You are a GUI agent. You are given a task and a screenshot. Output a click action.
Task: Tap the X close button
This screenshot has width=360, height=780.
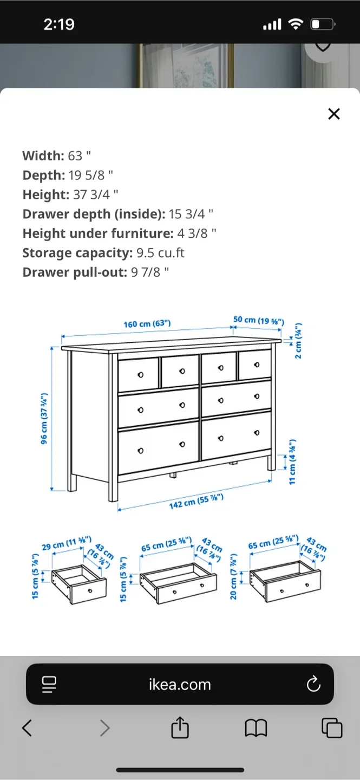point(334,114)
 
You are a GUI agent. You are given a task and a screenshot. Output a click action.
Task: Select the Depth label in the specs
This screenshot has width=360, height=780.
point(43,175)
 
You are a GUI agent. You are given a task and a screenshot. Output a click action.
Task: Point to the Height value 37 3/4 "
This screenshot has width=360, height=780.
point(96,195)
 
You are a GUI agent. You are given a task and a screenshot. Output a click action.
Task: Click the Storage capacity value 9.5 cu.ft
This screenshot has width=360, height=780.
point(161,253)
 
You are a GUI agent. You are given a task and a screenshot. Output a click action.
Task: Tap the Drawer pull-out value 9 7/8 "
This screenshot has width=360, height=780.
point(150,272)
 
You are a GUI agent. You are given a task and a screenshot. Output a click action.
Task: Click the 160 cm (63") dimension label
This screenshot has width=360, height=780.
point(147,324)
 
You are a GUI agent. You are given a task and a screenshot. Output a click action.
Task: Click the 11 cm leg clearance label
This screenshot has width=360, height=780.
point(292,462)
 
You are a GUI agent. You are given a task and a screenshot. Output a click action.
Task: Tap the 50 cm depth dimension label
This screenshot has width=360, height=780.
point(258,320)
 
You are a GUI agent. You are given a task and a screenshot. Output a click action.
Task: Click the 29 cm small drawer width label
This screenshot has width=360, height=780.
point(66,544)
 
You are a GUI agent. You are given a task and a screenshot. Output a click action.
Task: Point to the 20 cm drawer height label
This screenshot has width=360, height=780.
point(234,576)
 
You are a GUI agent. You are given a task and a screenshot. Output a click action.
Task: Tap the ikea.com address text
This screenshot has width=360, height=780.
point(180,685)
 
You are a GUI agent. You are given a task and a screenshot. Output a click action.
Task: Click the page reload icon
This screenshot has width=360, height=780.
point(313,685)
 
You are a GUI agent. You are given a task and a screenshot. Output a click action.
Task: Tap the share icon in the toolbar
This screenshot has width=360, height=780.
point(180,727)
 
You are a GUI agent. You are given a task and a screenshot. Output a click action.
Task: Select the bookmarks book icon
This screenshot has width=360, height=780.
point(256,728)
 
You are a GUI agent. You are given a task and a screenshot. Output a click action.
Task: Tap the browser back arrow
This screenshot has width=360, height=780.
point(27,728)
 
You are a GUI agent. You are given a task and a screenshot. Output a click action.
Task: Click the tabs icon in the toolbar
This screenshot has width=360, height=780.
point(332,728)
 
